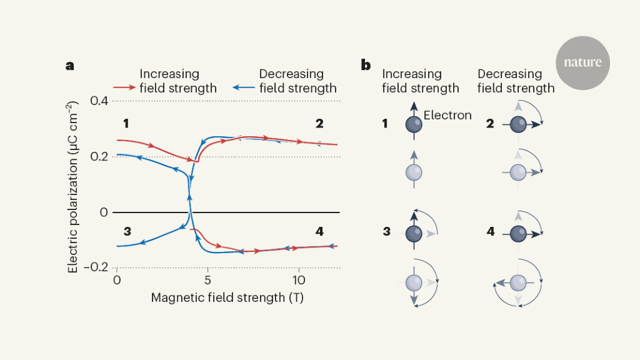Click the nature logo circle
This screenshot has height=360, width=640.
[x=582, y=62]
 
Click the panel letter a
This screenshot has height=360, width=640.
[x=71, y=65]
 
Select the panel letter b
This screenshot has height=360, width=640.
[x=366, y=65]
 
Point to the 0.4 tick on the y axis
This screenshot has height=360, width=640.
[x=99, y=101]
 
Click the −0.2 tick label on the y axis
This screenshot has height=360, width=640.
[x=96, y=267]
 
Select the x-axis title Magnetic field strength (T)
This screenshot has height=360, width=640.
[x=227, y=297]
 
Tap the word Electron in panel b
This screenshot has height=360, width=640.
[x=447, y=115]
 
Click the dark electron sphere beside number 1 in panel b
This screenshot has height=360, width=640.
[x=413, y=124]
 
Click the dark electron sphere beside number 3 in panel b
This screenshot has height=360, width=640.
[x=413, y=233]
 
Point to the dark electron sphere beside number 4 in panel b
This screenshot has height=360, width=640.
[x=518, y=233]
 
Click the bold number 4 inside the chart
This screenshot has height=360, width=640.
[x=319, y=231]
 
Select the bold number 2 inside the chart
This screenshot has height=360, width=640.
[x=319, y=123]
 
